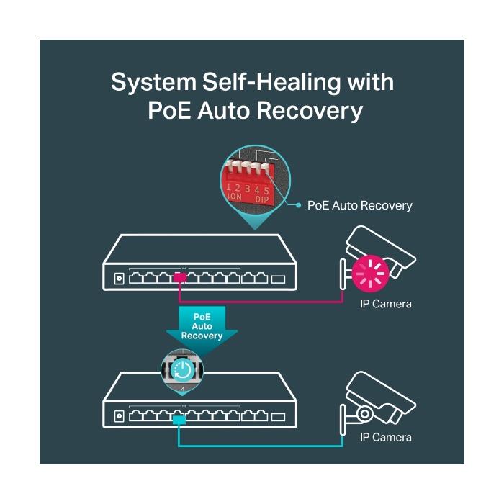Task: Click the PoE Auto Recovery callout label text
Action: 359,206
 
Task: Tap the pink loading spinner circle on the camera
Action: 370,271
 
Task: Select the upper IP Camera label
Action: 386,304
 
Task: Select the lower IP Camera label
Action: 386,437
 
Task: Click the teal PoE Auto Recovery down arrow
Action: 202,328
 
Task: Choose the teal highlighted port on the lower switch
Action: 179,417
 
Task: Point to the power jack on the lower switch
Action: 118,415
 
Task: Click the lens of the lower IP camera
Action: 365,413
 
